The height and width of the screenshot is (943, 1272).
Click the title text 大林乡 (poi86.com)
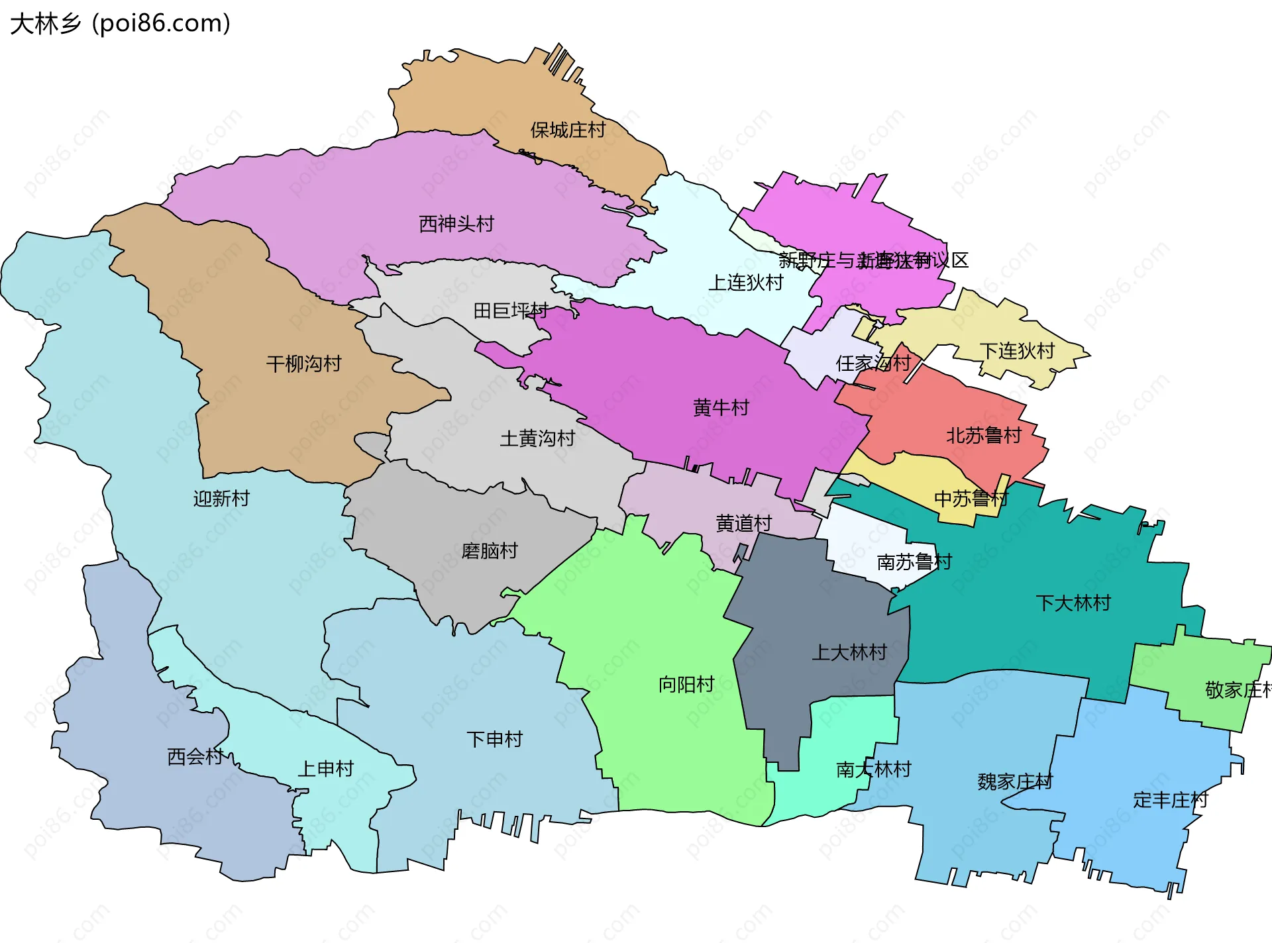121,24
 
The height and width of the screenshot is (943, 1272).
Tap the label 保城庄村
568,130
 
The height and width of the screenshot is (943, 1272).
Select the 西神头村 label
456,224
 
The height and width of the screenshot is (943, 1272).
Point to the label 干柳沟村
303,364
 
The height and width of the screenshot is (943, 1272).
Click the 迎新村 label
221,498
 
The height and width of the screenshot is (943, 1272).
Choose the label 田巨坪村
510,310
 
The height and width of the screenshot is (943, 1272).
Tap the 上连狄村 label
746,283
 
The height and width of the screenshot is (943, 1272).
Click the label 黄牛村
721,407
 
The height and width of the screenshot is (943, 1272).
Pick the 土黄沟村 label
537,438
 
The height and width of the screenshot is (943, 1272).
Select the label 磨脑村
490,551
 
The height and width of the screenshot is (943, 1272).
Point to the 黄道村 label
744,523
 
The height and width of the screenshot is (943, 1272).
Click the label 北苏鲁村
984,436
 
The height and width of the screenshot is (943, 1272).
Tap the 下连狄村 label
1017,351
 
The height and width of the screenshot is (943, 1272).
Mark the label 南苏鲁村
914,562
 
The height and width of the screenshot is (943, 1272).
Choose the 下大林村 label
1073,603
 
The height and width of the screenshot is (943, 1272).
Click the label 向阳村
686,684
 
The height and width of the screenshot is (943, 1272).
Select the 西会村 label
195,756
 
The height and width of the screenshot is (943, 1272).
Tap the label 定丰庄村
1171,800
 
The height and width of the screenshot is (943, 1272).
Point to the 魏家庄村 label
1015,781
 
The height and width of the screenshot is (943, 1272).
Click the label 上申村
326,768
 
